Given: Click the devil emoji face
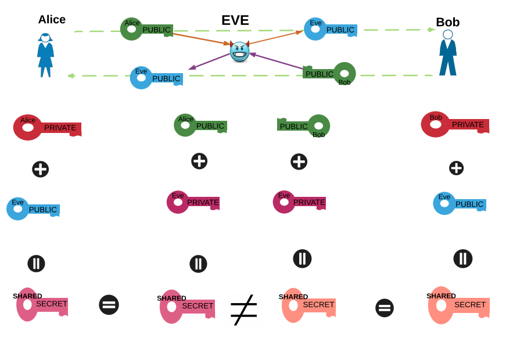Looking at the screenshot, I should click(x=239, y=51).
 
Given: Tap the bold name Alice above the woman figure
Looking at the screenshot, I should click(x=52, y=19).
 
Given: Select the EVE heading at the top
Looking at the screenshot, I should click(x=235, y=20).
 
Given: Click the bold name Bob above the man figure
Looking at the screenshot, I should click(x=447, y=22).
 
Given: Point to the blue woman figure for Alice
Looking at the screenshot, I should click(x=45, y=55).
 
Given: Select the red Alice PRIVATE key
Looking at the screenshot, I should click(x=46, y=127).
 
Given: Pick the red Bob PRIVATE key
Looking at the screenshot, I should click(x=454, y=124).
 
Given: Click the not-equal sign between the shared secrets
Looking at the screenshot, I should click(x=243, y=309).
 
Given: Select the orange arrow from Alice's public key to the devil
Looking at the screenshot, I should click(x=201, y=38).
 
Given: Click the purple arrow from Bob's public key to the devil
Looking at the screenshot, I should click(x=277, y=62).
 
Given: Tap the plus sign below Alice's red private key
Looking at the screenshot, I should click(x=40, y=169).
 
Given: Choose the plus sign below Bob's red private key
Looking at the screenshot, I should click(x=456, y=168).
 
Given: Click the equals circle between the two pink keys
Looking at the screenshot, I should click(x=109, y=305).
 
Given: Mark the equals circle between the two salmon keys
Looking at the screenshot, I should click(x=384, y=308).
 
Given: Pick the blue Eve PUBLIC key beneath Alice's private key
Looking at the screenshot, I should click(x=33, y=209).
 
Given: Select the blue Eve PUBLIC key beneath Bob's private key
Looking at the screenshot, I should click(x=459, y=204).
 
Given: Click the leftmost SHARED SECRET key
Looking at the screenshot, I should click(x=42, y=304).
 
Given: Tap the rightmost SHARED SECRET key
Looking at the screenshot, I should click(x=458, y=305).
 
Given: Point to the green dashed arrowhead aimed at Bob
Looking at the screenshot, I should click(x=431, y=30).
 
